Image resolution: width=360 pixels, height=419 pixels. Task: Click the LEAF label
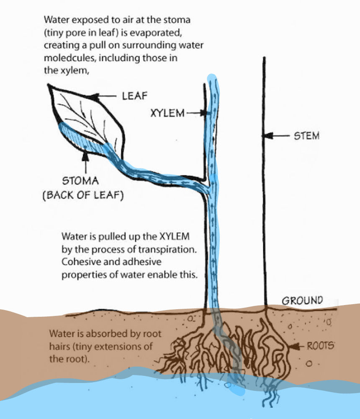click(134, 96)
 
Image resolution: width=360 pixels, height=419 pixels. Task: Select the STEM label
click(306, 136)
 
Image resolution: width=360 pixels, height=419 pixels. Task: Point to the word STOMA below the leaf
click(80, 181)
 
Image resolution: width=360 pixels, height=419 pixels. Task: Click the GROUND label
click(302, 300)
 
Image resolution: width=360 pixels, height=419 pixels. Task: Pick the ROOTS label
click(321, 347)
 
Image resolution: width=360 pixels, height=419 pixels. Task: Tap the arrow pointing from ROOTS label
click(298, 347)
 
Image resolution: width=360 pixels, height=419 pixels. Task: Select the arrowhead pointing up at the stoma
click(86, 156)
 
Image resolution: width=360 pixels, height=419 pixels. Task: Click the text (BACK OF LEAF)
click(83, 195)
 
